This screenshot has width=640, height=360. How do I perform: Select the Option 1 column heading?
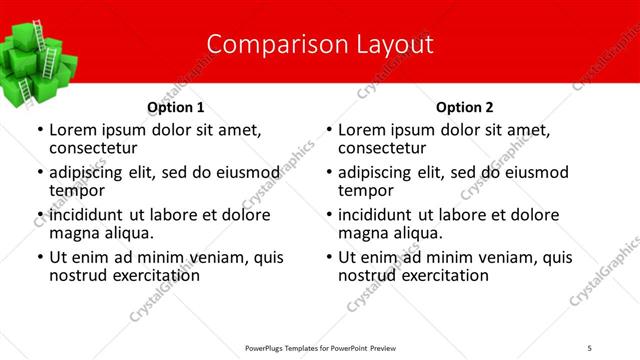click(176, 107)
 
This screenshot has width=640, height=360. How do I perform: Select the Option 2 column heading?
click(465, 107)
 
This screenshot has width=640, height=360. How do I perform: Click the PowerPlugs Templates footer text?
click(321, 347)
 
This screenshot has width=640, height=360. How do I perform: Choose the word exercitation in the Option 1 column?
click(151, 274)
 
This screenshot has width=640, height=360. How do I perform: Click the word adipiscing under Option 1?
click(91, 172)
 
